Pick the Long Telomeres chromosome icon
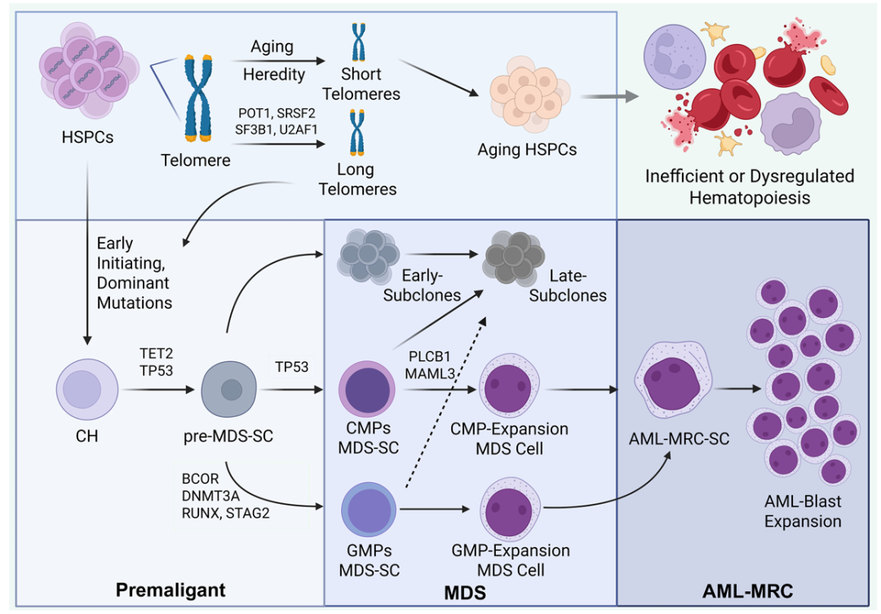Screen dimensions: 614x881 (356, 134)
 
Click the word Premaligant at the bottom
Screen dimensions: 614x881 (170, 589)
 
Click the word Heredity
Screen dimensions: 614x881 (274, 74)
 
